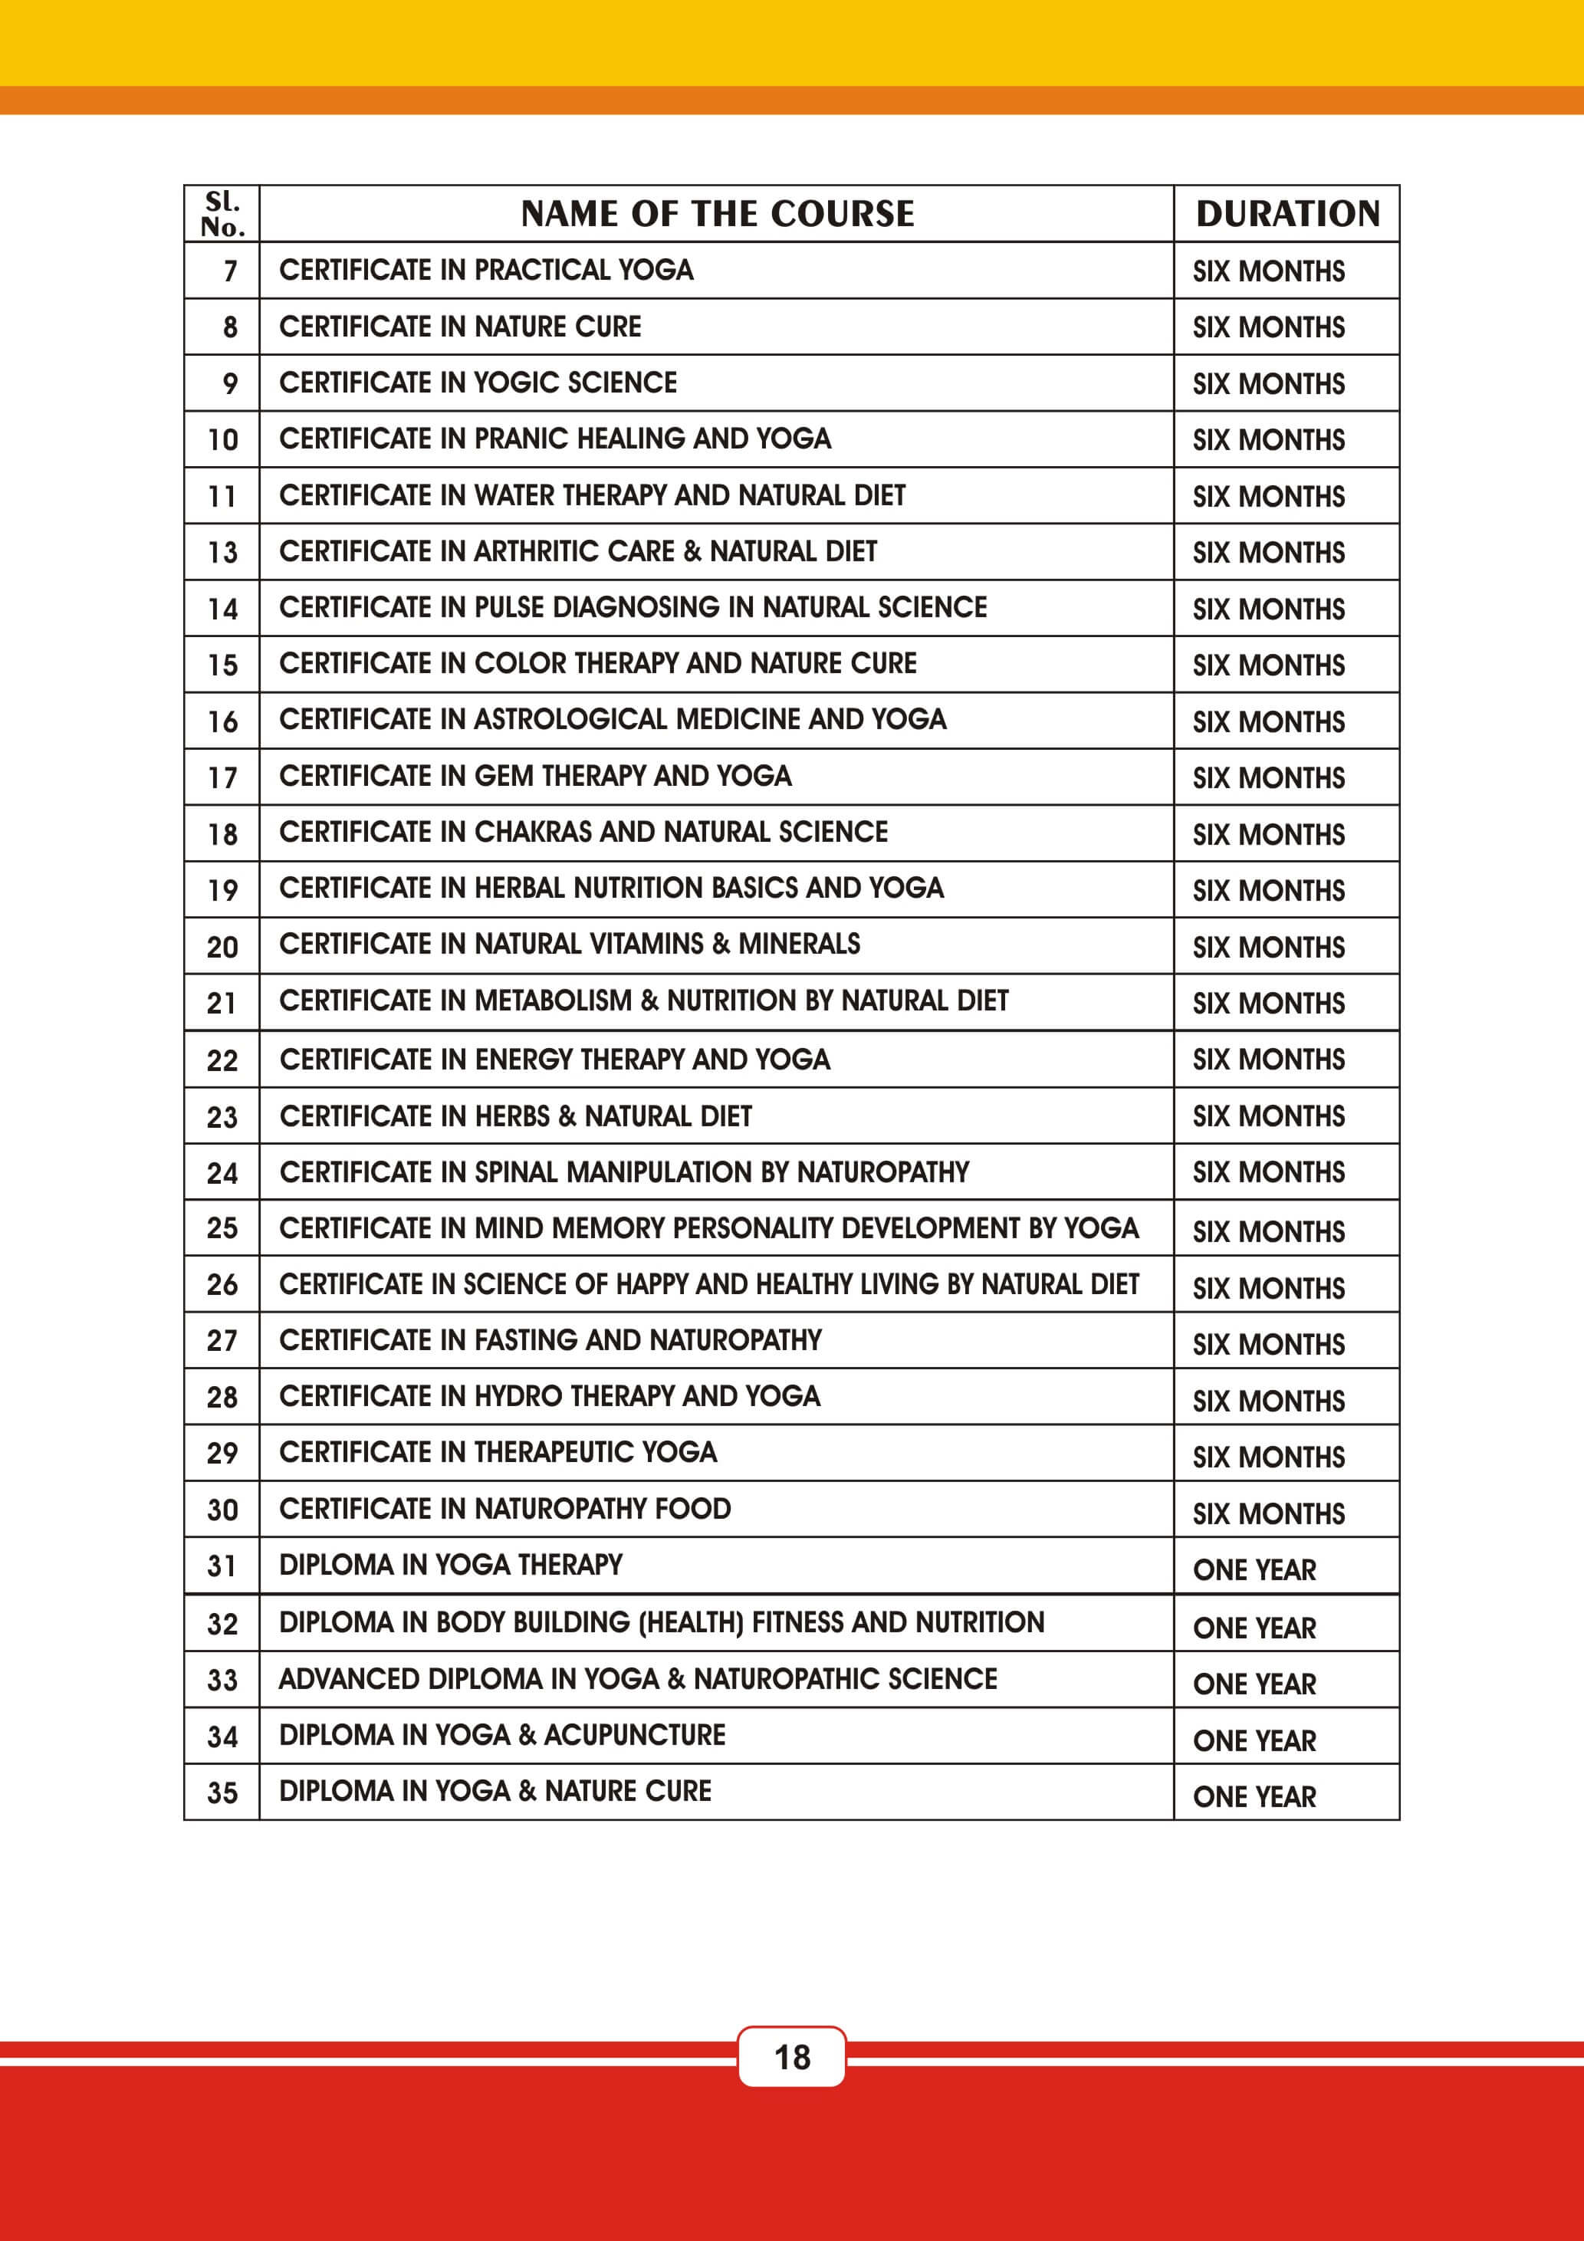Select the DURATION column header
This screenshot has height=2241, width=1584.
(x=1287, y=214)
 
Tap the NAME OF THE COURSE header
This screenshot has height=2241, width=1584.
(x=718, y=214)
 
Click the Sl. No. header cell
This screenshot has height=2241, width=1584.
(x=222, y=214)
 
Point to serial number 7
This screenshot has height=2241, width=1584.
(x=230, y=271)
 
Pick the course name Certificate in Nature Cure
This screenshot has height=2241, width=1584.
(x=460, y=327)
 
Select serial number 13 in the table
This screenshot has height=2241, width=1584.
(x=222, y=553)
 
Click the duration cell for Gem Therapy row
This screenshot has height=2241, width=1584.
(x=1268, y=778)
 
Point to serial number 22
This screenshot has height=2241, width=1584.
(x=222, y=1060)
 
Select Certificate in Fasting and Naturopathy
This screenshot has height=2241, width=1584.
(x=550, y=1340)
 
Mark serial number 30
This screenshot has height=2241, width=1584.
(x=222, y=1510)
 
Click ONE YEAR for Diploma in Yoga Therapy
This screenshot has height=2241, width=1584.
(x=1254, y=1569)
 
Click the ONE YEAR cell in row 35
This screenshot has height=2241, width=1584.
(x=1254, y=1796)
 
